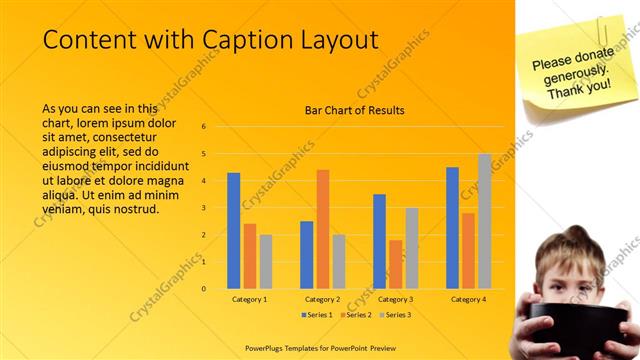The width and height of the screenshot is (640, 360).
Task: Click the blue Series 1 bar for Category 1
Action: pos(233,231)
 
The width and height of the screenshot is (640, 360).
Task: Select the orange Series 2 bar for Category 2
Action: pos(323,229)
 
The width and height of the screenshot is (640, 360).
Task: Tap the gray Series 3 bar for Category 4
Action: pos(484,221)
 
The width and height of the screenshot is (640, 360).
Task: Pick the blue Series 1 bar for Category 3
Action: pos(379,241)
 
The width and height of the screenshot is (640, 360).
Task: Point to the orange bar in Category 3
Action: pos(395,264)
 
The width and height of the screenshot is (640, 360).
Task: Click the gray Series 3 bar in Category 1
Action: pos(266,261)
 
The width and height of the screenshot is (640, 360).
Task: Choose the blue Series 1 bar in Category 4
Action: pos(452,228)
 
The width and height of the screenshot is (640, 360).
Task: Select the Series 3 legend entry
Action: pos(394,315)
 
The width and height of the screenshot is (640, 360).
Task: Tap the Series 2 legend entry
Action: pos(357,315)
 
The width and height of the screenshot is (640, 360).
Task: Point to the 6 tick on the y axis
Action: pos(203,127)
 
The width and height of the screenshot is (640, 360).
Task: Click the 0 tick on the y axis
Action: pos(203,289)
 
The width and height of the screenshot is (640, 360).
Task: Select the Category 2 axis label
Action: pos(322,299)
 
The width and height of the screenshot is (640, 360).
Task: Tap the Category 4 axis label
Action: pos(468,299)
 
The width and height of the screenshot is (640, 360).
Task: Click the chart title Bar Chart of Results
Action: pos(355,110)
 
